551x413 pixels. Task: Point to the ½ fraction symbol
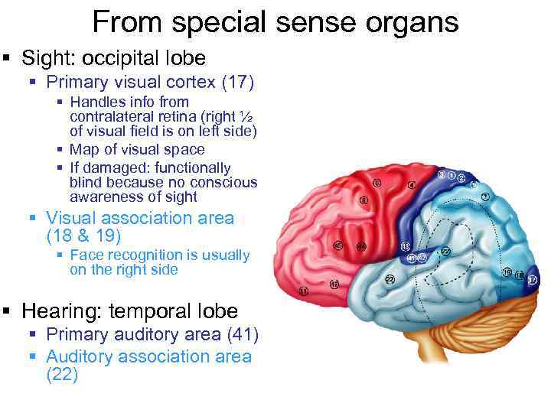[244, 116]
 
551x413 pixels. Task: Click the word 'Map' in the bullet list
[83, 150]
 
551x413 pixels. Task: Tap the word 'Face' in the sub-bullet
[86, 255]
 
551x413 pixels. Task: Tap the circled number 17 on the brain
[533, 281]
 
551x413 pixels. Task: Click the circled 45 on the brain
[338, 246]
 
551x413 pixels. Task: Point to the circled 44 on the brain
[361, 246]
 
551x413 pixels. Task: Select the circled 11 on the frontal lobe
[304, 292]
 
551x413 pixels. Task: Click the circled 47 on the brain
[334, 285]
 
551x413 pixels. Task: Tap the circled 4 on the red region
[412, 185]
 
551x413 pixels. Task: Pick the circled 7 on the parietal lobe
[485, 197]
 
